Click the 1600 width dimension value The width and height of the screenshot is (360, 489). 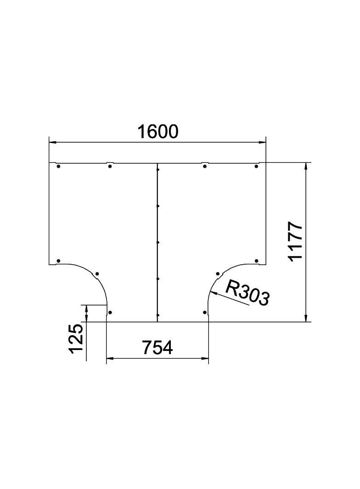coord(157,132)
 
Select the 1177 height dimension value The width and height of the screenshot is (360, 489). coord(295,242)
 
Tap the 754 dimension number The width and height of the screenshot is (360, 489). coord(157,348)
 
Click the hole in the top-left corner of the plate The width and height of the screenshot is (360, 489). coord(58,166)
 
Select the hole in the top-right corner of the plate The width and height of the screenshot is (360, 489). coord(257,166)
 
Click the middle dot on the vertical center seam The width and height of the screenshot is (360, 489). coord(157,242)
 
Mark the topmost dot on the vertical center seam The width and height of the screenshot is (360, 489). coord(157,170)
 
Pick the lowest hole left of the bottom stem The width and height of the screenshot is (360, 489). coord(110,313)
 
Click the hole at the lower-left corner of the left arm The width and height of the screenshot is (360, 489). coord(58,261)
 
